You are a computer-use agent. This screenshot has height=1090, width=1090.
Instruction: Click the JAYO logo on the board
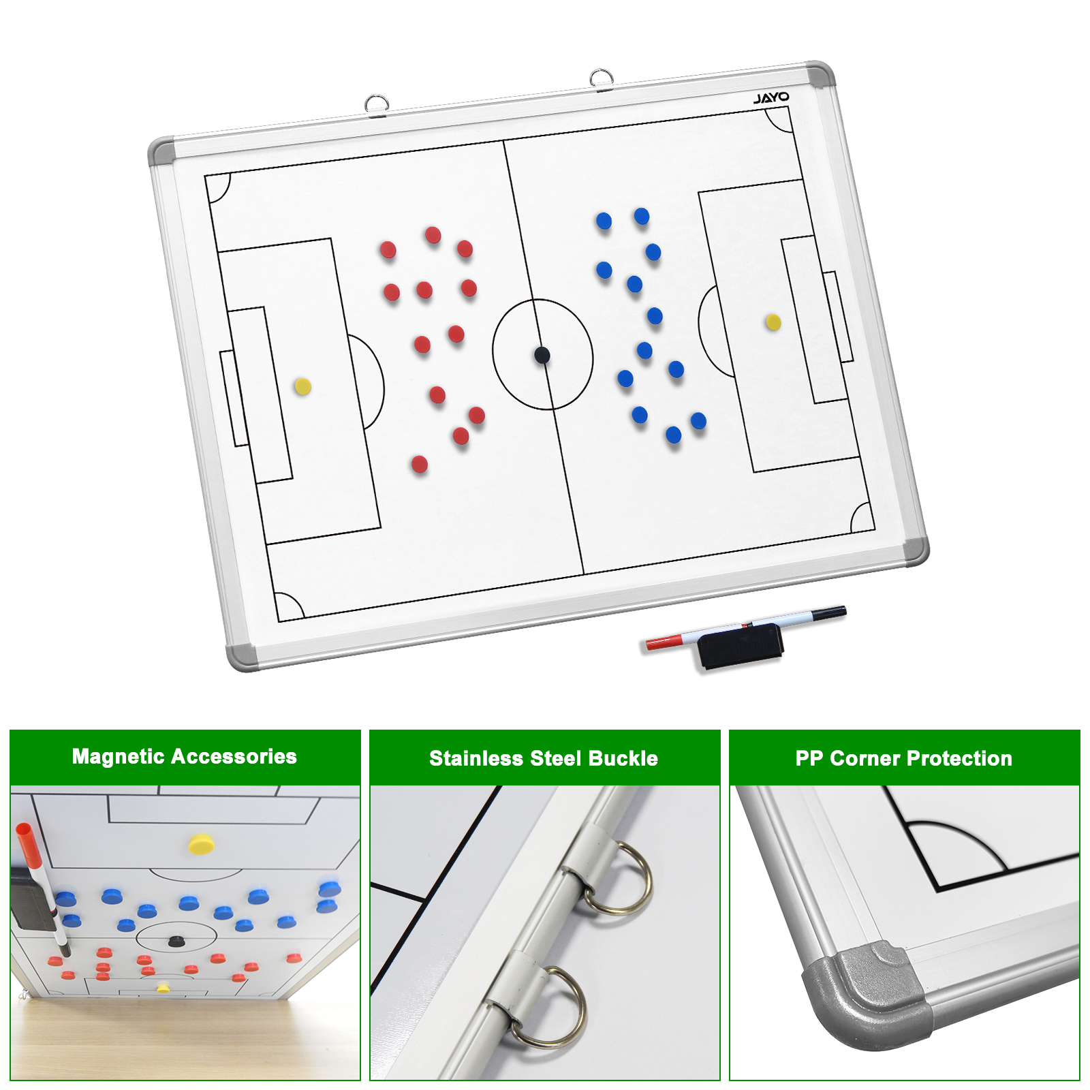click(x=771, y=98)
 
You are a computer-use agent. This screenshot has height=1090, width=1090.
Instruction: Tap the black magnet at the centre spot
click(x=542, y=355)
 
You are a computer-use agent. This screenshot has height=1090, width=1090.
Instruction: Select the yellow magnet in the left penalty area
click(x=302, y=387)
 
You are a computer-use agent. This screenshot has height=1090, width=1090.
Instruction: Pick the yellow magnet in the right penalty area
click(x=773, y=322)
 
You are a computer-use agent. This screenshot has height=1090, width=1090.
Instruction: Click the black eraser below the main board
click(x=741, y=646)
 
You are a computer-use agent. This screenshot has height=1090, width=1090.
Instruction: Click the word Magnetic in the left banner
click(x=118, y=756)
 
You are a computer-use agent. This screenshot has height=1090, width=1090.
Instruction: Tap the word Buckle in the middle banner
click(x=623, y=758)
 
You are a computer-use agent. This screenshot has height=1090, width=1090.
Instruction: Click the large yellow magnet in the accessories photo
click(x=201, y=844)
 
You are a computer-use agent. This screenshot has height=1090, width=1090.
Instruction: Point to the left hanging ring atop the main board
click(x=377, y=104)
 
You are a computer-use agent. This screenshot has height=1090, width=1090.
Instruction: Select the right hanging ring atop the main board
click(x=602, y=78)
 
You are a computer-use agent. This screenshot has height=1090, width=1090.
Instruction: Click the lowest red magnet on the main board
click(x=420, y=465)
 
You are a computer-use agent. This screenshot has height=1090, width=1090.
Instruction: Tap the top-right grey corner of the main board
click(x=820, y=74)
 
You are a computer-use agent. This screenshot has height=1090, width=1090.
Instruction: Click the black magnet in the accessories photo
click(x=176, y=941)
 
